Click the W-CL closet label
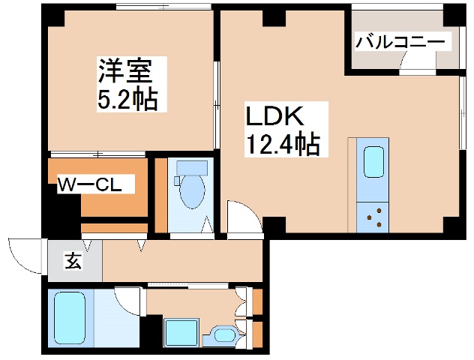95,184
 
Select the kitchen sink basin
373,161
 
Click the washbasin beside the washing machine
223,334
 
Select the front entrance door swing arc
22,255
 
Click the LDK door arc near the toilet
241,215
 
